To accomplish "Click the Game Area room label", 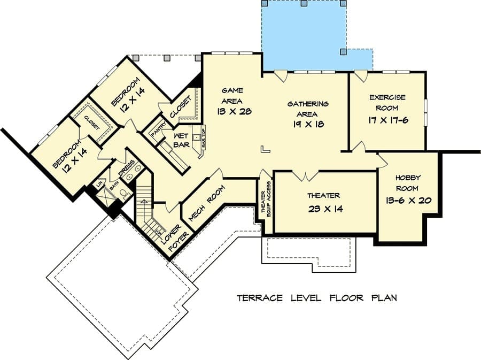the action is tap(232, 95).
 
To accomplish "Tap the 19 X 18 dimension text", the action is tap(308, 124).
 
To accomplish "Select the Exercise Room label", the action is tap(387, 103).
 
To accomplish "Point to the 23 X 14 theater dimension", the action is tap(325, 209).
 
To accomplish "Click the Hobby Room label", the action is tap(407, 182).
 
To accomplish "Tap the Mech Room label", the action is tap(206, 203).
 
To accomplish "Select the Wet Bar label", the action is tap(181, 140).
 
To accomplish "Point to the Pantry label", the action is tap(159, 130).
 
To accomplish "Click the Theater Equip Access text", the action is tap(266, 199).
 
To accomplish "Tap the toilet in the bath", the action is tap(124, 194).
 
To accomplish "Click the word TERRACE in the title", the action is tap(260, 298).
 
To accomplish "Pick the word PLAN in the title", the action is tap(384, 298).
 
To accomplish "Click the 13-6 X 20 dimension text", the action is tap(409, 201).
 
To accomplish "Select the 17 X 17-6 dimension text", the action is tap(388, 120).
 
